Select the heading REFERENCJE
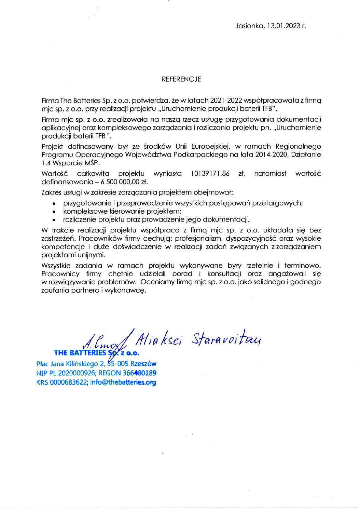click(181, 79)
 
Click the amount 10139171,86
click(210, 174)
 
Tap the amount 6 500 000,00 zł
click(124, 182)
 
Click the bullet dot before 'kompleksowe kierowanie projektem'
click(54, 212)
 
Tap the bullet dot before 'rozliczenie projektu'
click(54, 220)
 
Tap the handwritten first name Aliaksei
click(158, 339)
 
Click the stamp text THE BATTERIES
click(80, 353)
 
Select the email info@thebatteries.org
click(123, 382)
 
